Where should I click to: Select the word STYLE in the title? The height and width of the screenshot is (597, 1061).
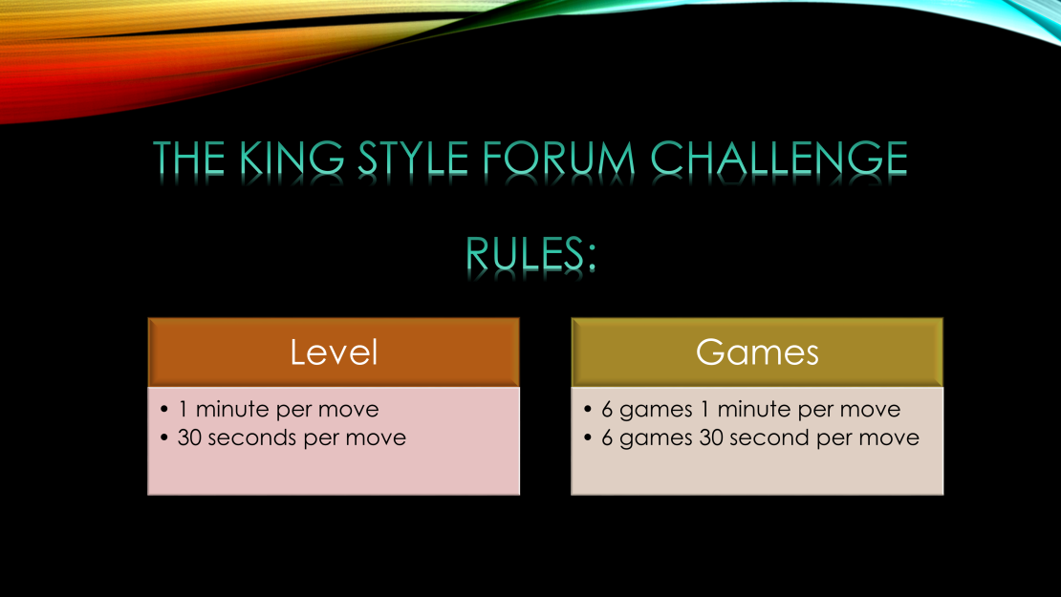click(413, 159)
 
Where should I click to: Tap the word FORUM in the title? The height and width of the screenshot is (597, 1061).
click(559, 159)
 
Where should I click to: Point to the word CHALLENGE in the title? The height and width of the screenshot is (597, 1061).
click(779, 159)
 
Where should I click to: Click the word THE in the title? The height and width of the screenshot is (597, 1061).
click(189, 159)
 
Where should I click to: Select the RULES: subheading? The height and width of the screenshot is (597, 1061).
click(530, 254)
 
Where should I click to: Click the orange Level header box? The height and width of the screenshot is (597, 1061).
click(334, 352)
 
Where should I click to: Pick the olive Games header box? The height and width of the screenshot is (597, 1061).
click(757, 352)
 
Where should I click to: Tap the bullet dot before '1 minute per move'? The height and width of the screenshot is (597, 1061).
click(164, 409)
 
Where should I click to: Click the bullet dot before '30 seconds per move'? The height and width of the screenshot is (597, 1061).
click(164, 437)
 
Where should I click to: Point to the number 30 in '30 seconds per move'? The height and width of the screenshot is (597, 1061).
click(189, 437)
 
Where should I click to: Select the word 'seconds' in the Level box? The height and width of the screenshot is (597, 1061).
click(252, 437)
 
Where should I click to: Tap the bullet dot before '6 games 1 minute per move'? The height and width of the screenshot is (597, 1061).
click(587, 409)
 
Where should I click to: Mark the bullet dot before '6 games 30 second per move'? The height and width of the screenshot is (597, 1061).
click(587, 437)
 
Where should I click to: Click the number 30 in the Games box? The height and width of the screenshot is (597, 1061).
click(711, 437)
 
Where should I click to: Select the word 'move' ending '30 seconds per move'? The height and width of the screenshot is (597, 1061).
click(376, 438)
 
